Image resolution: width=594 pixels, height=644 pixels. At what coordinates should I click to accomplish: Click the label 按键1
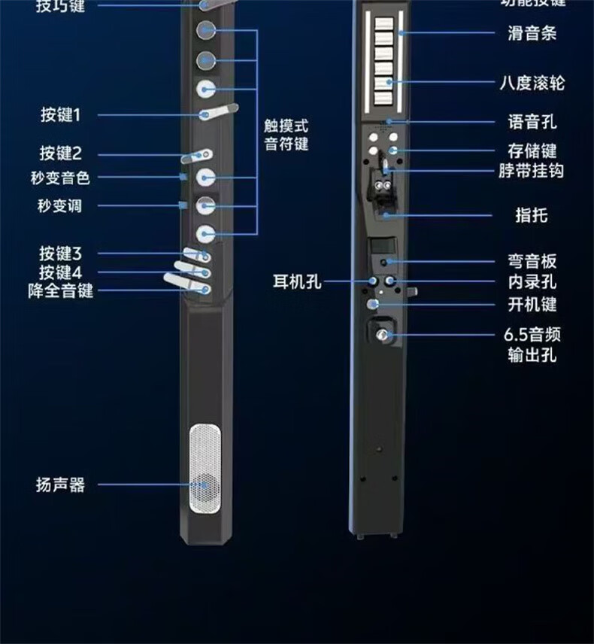[60, 115]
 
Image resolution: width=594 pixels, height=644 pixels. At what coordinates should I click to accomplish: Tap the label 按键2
[60, 153]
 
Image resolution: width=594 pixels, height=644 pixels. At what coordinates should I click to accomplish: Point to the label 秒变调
[59, 206]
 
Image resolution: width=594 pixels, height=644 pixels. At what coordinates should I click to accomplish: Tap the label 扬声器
[60, 485]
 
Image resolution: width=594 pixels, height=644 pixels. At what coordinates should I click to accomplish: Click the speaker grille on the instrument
[205, 469]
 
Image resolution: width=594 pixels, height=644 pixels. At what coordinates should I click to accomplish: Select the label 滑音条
[532, 33]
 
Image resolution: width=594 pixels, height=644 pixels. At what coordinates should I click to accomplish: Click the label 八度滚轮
[532, 83]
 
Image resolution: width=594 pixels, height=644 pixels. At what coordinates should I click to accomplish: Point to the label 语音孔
[532, 122]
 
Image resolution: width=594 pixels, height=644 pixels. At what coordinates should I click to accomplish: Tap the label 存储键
[532, 150]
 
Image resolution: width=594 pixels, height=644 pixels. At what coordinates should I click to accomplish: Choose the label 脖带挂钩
[531, 171]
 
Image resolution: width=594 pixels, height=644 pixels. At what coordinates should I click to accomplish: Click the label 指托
[532, 216]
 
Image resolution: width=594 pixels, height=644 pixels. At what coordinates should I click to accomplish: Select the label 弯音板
[532, 262]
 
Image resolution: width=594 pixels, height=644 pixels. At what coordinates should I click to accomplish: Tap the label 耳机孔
[297, 282]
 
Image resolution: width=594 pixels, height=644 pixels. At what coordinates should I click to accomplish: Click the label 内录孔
[532, 283]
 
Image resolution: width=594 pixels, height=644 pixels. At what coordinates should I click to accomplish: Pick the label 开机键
[532, 305]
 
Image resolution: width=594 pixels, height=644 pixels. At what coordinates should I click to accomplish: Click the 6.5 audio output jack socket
[383, 335]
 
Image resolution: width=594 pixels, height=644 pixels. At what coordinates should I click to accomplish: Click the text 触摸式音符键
[286, 135]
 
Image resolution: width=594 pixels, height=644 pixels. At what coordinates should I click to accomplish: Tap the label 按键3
[60, 254]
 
